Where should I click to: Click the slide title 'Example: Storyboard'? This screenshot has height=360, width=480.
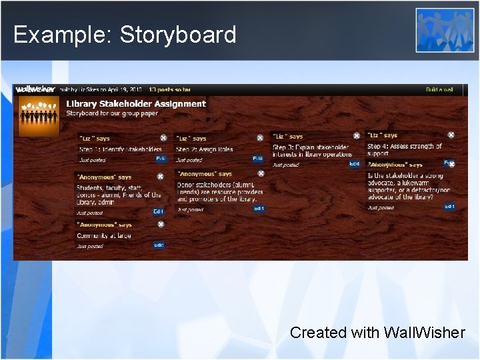point(125,35)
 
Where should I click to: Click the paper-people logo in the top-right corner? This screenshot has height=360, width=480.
point(445,30)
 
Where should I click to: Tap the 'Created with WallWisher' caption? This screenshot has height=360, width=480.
point(377,332)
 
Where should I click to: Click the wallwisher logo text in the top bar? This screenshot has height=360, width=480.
point(35,89)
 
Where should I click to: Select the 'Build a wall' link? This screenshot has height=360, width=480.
point(439,89)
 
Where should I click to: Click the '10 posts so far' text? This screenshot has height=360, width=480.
point(169,89)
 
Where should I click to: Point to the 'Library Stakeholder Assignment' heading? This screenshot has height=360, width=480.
point(136,103)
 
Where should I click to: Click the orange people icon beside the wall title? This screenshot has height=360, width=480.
point(39,115)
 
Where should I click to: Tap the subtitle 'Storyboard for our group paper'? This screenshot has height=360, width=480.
point(111,113)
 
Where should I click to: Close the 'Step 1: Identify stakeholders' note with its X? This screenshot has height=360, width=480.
point(163,138)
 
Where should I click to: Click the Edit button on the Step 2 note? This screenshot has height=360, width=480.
point(257,159)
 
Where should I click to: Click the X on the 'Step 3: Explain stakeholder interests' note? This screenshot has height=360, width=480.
point(357,136)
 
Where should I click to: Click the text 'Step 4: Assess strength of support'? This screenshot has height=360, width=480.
point(404,149)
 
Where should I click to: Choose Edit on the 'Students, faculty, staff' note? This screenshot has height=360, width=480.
point(158,211)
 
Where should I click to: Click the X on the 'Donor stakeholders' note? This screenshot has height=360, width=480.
point(261,173)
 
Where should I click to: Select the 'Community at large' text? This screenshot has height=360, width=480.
point(104,235)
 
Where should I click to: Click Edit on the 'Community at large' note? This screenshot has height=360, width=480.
point(158,245)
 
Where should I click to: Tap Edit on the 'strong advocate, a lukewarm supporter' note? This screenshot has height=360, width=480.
point(449,207)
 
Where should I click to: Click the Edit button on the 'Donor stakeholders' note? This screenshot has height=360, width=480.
point(259,208)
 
